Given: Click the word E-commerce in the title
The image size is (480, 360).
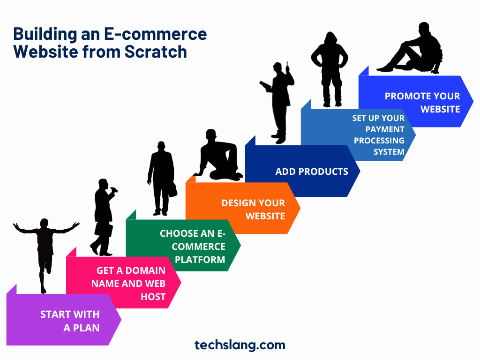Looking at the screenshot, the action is point(156,34).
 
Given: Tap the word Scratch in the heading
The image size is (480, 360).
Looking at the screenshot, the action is point(156,52).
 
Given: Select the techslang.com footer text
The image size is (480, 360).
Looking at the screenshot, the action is point(240,345).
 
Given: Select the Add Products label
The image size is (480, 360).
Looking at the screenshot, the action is point(312,172).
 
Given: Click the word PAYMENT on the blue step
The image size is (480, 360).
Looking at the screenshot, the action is point(385,129).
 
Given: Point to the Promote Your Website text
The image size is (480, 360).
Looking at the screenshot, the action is point(422,103).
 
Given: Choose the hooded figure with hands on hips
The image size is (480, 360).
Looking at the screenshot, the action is point(330,69).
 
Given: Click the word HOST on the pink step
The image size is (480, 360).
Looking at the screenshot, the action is point(153,297).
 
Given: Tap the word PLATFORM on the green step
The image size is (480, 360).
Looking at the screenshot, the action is point(200,260).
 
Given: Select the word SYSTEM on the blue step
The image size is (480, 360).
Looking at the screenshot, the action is point(389,152).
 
